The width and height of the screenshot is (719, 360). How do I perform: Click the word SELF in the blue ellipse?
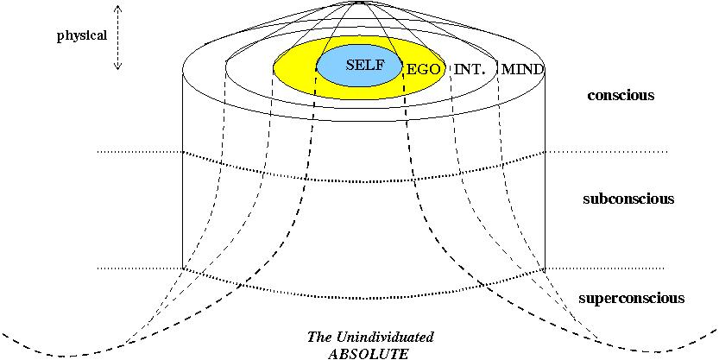[x=363, y=65]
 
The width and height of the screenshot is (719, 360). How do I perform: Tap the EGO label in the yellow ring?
[x=423, y=68]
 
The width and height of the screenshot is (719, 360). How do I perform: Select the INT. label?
[x=471, y=68]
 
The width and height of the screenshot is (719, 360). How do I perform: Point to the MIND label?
[x=522, y=68]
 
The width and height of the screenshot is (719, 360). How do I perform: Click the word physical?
[x=82, y=37]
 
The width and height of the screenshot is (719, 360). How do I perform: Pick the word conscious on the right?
[x=620, y=95]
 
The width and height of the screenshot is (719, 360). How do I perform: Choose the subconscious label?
[x=628, y=199]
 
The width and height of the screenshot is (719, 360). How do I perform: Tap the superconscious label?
[x=631, y=298]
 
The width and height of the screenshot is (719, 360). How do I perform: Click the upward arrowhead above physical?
[x=118, y=8]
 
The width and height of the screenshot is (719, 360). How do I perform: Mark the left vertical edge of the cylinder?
[x=183, y=173]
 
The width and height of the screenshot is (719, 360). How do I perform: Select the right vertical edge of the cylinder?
[x=545, y=173]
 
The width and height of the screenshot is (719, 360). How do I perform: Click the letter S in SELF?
[x=350, y=65]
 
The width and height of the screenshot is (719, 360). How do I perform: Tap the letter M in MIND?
[x=508, y=68]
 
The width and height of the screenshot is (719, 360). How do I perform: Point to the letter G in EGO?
[x=423, y=68]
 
